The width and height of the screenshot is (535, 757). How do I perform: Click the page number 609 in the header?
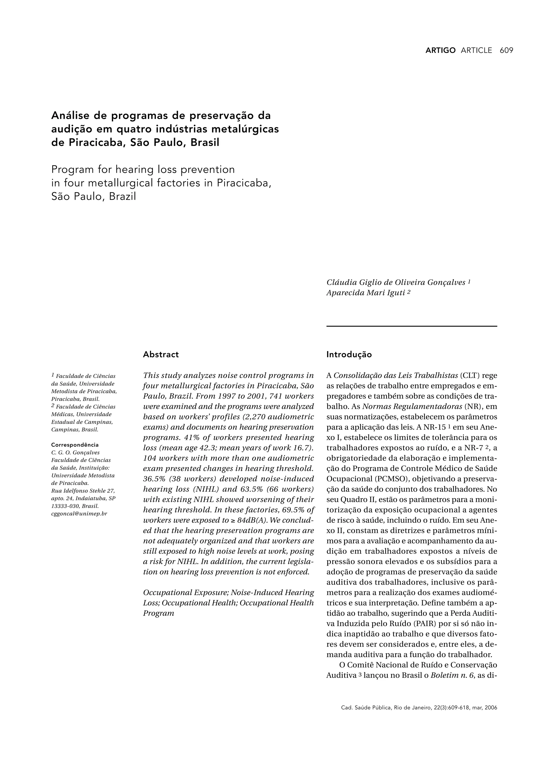click(506, 50)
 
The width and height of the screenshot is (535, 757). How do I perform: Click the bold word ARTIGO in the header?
click(440, 50)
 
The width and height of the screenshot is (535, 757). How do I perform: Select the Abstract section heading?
click(161, 354)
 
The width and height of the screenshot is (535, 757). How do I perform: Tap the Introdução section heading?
click(349, 354)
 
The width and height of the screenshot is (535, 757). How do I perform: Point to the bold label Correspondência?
click(75, 445)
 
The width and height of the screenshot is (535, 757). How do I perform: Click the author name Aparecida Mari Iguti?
click(365, 293)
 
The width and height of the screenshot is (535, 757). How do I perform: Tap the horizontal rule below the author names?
click(411, 326)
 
